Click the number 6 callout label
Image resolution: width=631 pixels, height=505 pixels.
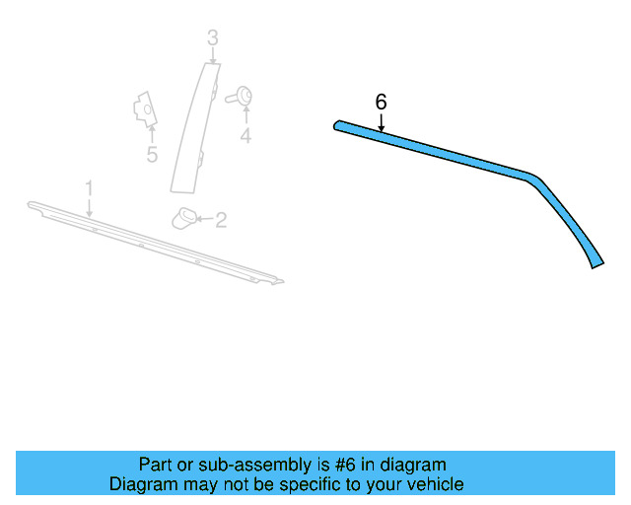[382, 103]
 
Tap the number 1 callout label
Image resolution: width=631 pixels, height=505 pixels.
[89, 187]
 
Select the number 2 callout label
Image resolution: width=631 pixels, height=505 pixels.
[221, 220]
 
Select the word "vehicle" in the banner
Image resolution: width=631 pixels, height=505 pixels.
[432, 484]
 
